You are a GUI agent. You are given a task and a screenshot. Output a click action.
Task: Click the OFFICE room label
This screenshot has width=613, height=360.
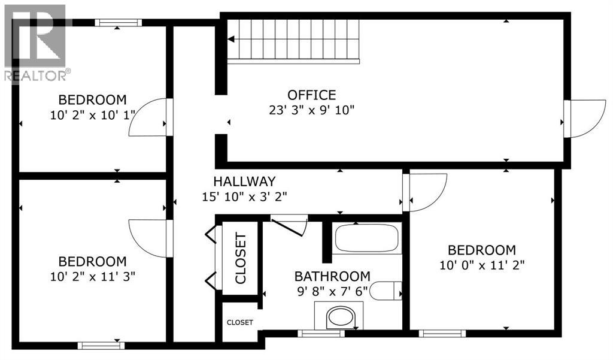point(311,95)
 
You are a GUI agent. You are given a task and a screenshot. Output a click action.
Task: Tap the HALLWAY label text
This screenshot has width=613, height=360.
point(244,181)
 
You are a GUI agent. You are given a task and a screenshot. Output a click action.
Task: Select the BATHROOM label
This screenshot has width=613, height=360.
point(332,277)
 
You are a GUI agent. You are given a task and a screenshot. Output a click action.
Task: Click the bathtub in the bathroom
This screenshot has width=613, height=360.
point(366,238)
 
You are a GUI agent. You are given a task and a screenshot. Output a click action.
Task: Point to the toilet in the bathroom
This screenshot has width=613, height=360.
point(387,292)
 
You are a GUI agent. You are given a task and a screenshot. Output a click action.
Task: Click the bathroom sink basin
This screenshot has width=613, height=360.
point(339,317)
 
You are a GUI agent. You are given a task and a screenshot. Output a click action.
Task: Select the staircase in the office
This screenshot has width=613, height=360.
point(293,40)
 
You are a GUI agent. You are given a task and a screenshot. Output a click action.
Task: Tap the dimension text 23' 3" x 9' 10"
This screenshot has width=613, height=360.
point(311,110)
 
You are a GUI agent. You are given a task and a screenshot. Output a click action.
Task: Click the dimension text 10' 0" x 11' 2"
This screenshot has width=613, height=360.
point(482,265)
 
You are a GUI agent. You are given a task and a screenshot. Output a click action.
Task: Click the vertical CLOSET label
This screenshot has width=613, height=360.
point(240,258)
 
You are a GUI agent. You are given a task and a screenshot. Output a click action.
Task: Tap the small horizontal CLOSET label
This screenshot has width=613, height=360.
point(239,322)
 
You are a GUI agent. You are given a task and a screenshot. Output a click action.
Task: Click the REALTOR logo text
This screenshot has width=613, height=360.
point(36,75)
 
